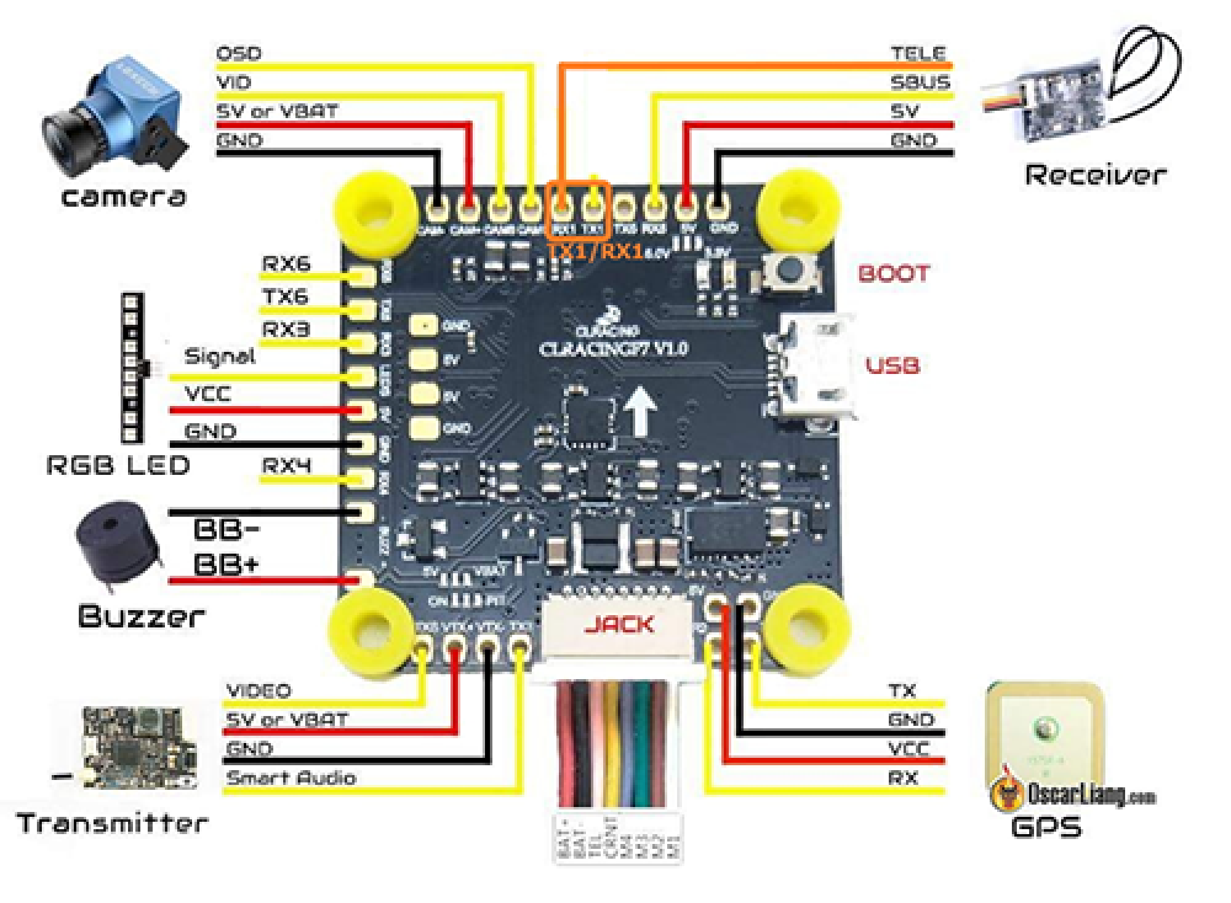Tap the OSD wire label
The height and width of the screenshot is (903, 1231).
(239, 53)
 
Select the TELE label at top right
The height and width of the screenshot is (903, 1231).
(918, 53)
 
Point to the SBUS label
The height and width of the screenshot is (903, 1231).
(920, 82)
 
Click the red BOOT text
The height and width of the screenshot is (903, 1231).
(893, 273)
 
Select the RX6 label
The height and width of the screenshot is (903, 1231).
(286, 264)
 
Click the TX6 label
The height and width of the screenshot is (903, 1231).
(286, 297)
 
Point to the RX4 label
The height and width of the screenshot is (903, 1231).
(287, 466)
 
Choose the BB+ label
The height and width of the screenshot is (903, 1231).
(226, 564)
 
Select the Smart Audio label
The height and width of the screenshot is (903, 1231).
(291, 778)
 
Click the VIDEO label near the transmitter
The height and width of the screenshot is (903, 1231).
(259, 691)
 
